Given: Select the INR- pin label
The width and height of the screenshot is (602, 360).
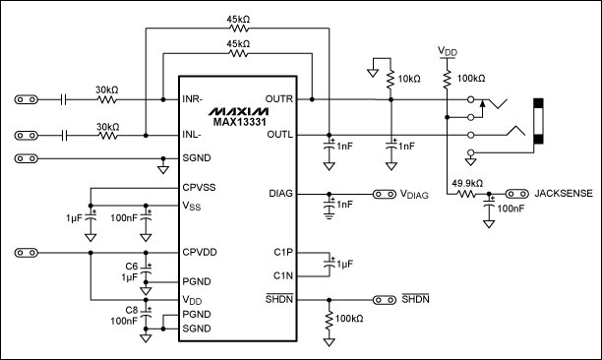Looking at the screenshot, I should [x=194, y=99].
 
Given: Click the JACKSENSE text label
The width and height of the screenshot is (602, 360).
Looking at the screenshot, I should [x=563, y=195].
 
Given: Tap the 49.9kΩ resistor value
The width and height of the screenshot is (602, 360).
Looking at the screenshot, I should [x=468, y=184].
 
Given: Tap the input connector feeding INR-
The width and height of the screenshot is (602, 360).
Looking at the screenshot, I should [x=28, y=99].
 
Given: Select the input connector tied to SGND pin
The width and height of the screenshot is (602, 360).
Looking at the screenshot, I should [x=28, y=157].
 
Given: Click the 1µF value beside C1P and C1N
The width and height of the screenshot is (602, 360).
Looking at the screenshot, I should [x=344, y=266].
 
